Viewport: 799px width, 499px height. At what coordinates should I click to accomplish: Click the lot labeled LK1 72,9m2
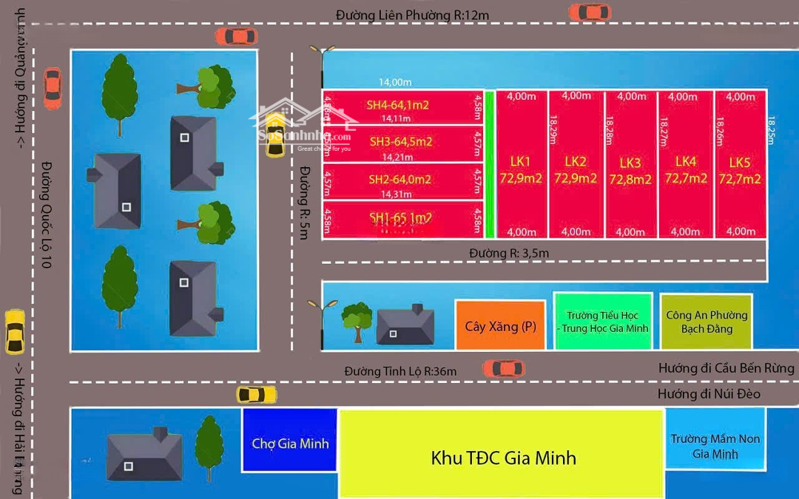pos(521,170)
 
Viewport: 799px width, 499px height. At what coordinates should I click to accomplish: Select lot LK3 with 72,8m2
pos(630,171)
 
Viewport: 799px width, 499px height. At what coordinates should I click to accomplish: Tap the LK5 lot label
pos(740,170)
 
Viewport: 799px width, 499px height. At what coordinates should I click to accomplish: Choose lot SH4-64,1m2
pos(398,105)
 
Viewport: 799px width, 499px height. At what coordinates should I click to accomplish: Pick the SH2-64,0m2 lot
pos(399,180)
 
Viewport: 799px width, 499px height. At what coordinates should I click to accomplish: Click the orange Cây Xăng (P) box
pos(500,325)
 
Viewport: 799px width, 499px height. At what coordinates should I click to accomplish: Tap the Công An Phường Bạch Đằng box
pos(707,322)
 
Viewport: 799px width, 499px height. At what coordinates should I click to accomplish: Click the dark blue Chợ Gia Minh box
pos(290,443)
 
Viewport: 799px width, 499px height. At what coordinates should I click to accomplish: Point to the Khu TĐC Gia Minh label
pos(503,458)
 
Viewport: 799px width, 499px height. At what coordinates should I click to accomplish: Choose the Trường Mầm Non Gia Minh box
pos(715,446)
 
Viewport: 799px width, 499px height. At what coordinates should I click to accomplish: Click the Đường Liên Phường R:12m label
pos(412,15)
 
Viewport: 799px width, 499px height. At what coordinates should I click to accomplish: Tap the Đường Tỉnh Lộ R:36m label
pos(400,371)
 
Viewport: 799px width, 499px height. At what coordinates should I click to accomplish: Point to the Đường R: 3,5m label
pos(509,254)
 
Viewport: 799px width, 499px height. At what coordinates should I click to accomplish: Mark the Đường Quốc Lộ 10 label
pos(46,214)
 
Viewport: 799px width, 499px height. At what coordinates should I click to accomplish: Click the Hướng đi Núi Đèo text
pos(709,394)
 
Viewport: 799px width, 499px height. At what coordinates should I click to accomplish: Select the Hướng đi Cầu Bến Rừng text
pos(726,367)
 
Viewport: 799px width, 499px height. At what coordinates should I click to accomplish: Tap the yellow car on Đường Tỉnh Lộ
pos(257,395)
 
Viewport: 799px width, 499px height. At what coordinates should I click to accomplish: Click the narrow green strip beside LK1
pos(489,164)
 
